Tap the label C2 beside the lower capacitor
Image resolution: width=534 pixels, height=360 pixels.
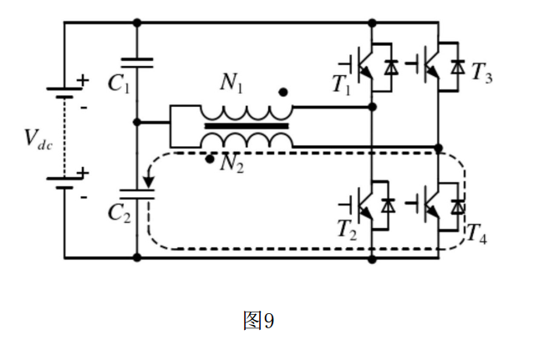point(120,211)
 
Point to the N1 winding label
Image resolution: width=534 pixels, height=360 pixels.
point(231,83)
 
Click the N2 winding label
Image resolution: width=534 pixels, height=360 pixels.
point(231,164)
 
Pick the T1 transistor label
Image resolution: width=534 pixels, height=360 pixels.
point(341,84)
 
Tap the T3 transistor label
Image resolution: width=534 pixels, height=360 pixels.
point(481,74)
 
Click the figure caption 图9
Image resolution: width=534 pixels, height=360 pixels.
point(259,321)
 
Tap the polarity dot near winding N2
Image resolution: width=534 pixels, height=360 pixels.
point(208,156)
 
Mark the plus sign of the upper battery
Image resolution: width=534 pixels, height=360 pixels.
point(83,80)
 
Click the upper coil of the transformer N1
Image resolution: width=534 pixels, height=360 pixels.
point(246,112)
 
